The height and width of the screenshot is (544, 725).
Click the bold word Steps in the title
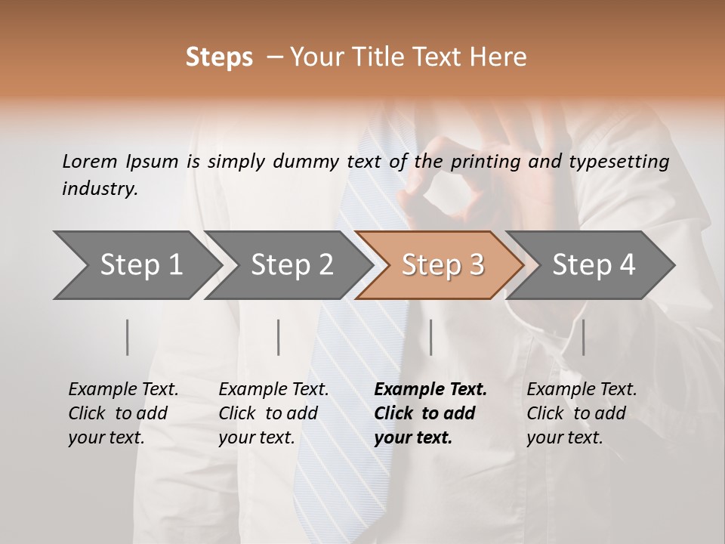point(219,57)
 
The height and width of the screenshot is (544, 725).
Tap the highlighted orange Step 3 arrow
point(443,265)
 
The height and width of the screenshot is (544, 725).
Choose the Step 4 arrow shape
point(594,265)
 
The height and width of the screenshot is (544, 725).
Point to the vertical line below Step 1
point(128,337)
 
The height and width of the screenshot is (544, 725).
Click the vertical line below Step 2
point(279,337)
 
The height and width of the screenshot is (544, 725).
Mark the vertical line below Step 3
point(430,337)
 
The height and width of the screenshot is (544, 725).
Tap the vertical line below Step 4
point(583,337)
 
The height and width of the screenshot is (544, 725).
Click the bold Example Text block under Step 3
point(430,413)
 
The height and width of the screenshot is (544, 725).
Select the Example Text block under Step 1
point(123,413)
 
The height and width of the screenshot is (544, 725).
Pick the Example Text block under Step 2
point(273,413)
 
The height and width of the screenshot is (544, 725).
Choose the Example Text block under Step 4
point(582,413)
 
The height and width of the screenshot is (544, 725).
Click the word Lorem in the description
point(89,162)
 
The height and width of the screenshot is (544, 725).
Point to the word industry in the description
point(100,189)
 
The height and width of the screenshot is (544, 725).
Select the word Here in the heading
point(499,57)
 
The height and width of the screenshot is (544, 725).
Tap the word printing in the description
point(486,162)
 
